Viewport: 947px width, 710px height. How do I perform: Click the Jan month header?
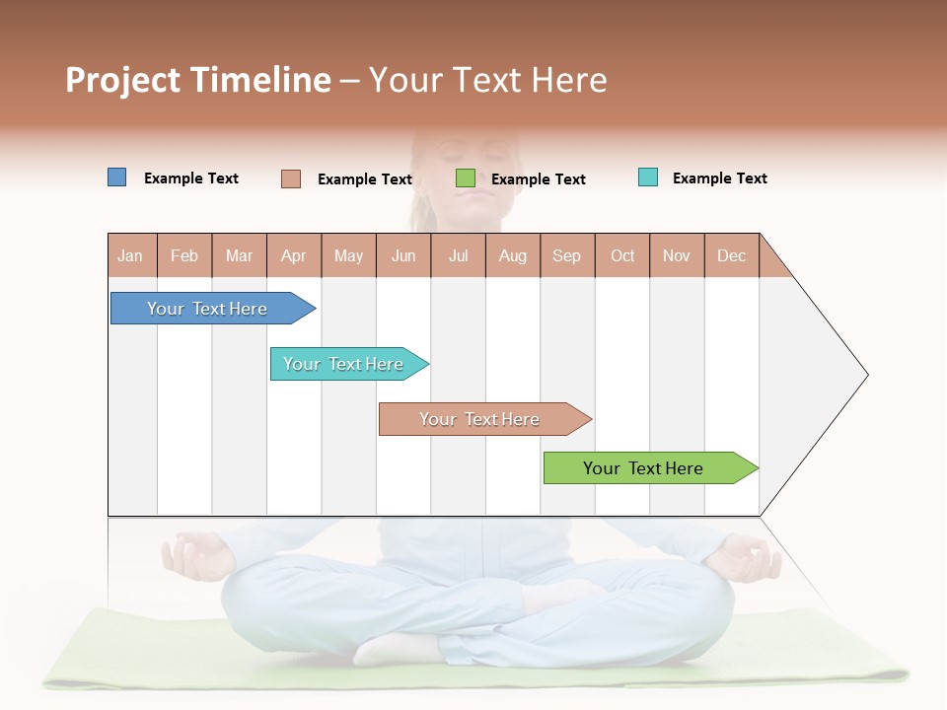130,255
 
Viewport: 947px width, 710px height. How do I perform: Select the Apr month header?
294,255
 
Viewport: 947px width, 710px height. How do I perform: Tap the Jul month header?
458,255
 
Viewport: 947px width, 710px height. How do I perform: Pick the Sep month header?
566,255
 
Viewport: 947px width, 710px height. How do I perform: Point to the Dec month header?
731,255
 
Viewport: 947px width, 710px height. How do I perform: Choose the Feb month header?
184,255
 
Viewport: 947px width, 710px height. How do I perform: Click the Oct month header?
622,255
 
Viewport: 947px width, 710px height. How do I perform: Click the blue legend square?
116,177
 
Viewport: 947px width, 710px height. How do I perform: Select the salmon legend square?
290,178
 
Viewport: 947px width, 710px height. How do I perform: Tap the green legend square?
466,178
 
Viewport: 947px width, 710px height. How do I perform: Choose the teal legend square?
647,177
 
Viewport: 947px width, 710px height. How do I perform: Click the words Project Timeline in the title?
197,80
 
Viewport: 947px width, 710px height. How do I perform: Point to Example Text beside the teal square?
719,178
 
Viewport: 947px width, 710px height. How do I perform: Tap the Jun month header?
403,255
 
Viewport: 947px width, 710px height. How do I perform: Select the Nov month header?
677,255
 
